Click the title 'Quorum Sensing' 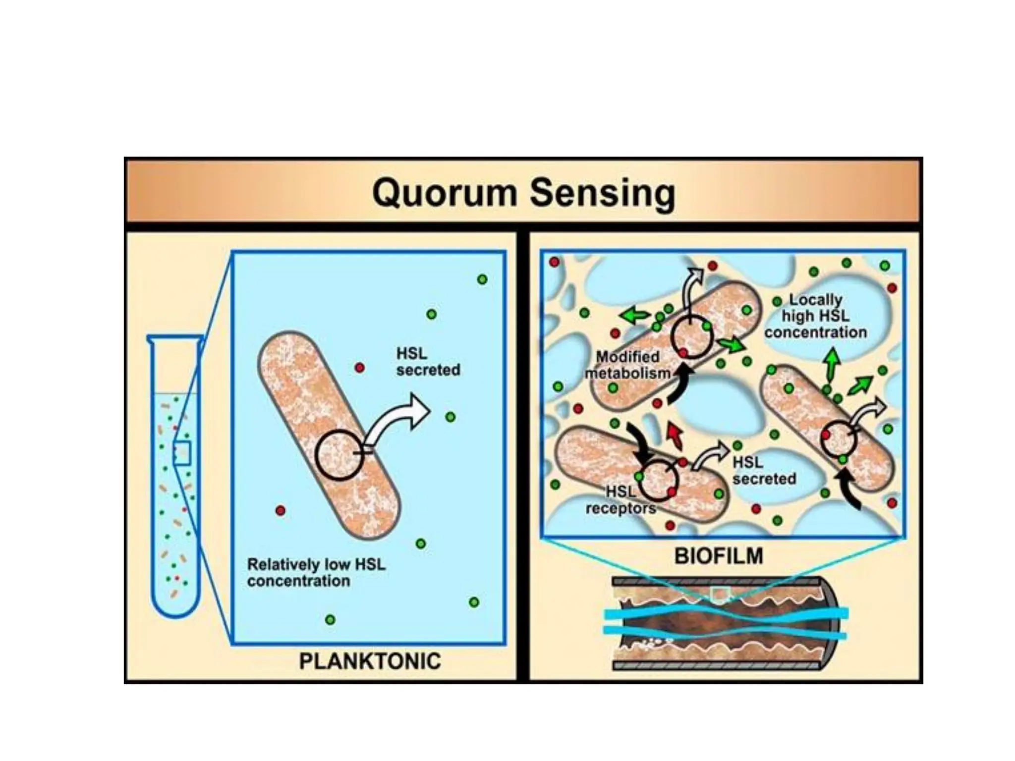point(523,193)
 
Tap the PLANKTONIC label point(370,661)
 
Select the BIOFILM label point(719,556)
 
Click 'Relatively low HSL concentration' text point(316,572)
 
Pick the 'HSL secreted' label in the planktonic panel point(428,362)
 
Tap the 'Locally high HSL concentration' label point(815,316)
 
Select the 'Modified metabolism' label point(627,365)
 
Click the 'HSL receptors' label point(620,500)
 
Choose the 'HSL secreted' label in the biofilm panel point(764,471)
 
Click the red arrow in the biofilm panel point(674,435)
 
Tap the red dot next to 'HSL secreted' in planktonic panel point(360,368)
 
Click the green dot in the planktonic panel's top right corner point(482,279)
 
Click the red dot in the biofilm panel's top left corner point(554,262)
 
